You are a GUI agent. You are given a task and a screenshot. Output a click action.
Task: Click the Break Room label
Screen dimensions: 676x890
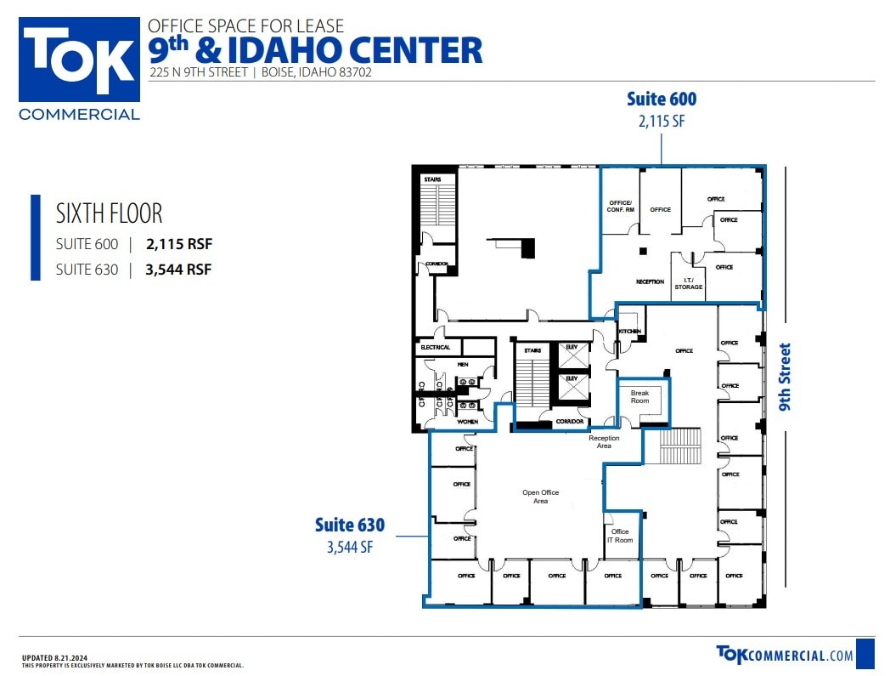(639, 397)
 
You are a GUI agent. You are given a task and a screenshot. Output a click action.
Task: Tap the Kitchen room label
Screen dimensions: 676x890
(629, 332)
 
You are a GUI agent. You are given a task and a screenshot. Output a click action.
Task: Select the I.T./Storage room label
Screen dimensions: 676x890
(688, 284)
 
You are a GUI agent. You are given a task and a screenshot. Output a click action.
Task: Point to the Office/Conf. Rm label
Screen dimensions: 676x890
(620, 205)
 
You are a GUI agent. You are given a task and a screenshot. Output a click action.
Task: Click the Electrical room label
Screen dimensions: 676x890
(436, 348)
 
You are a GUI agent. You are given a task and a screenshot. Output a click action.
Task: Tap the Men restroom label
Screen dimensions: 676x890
(463, 365)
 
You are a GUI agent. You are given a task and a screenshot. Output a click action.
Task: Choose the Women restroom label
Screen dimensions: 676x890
(468, 422)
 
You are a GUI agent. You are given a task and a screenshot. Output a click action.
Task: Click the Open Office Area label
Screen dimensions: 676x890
(540, 497)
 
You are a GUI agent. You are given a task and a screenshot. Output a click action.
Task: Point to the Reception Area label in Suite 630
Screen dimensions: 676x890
(604, 442)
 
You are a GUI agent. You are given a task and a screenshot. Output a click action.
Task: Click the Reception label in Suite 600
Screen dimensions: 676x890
(650, 281)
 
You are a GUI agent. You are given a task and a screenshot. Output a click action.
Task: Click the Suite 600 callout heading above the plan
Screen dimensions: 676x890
(661, 99)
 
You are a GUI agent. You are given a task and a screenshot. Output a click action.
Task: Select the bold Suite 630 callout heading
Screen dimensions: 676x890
(350, 525)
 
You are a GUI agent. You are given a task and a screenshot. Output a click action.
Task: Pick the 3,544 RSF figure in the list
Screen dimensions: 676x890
(178, 270)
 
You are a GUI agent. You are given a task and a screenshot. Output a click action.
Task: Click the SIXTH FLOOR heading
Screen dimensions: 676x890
(109, 213)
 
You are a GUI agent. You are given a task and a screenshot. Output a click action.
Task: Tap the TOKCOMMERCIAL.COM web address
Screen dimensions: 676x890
(785, 654)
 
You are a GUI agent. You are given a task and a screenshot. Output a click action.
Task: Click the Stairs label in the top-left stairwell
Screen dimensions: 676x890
(432, 179)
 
